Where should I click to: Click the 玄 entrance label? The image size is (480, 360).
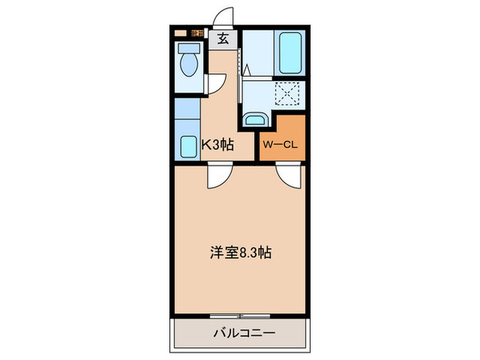tap(224, 39)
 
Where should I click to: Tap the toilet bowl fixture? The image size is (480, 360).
tap(188, 67)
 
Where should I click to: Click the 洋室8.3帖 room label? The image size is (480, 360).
tap(239, 252)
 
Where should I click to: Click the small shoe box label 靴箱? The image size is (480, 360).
tap(197, 33)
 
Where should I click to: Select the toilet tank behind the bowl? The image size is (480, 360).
tap(187, 49)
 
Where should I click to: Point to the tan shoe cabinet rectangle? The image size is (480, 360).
tap(180, 33)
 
